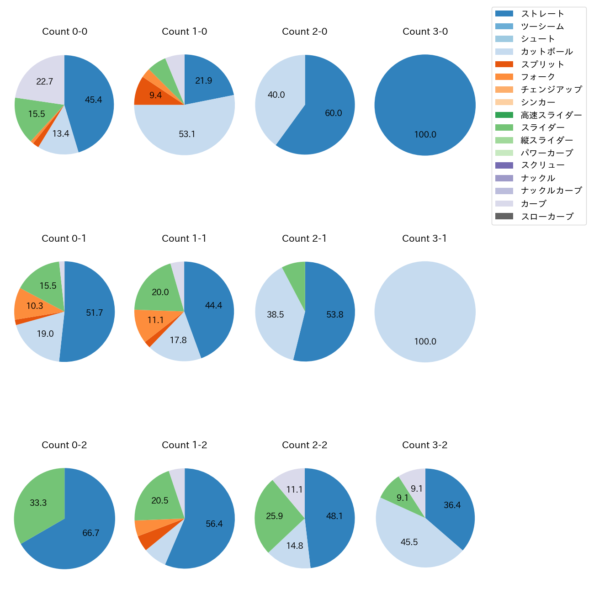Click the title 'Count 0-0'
[x=64, y=32]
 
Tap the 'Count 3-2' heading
[x=424, y=445]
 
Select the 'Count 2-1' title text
[x=304, y=239]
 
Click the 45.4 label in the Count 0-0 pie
[x=93, y=100]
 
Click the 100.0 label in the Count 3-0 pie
[x=425, y=135]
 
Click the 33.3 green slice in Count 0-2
[x=39, y=503]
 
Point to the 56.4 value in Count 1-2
[x=214, y=524]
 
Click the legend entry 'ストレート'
[x=542, y=14]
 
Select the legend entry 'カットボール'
[x=546, y=52]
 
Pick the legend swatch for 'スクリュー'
[x=504, y=165]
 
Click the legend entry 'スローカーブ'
[x=547, y=217]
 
